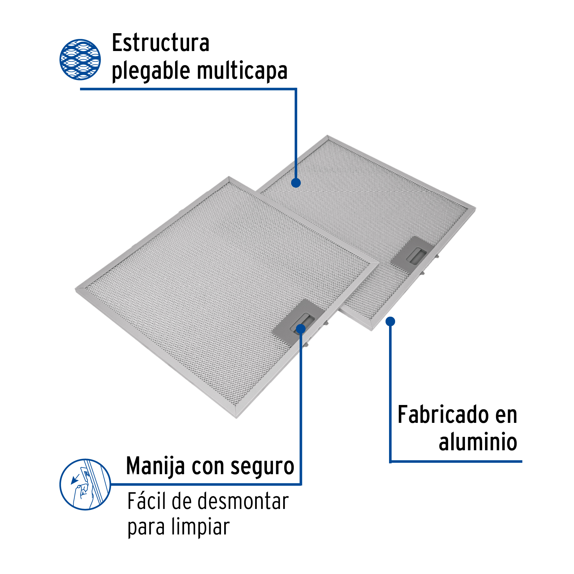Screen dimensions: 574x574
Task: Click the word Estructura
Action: [160, 43]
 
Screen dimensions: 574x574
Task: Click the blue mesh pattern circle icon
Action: [80, 60]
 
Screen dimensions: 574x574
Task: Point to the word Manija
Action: [155, 466]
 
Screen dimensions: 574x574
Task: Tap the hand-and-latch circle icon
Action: [85, 484]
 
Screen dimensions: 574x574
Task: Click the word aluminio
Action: [478, 442]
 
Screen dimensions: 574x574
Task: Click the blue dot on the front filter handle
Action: [301, 329]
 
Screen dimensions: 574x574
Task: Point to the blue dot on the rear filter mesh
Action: [296, 183]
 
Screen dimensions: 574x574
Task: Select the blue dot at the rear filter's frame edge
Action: [390, 321]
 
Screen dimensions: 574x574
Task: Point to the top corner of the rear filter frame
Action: [328, 136]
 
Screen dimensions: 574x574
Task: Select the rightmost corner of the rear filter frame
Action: [475, 208]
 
